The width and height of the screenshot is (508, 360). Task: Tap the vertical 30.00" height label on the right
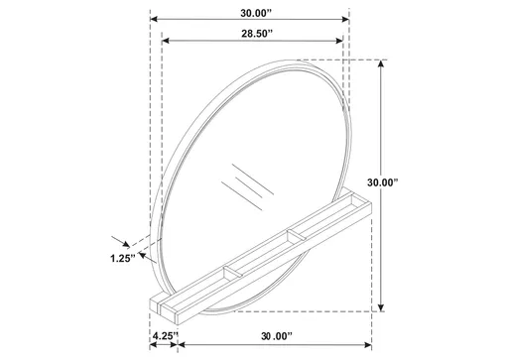[408, 183]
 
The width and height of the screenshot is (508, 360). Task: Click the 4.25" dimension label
[164, 338]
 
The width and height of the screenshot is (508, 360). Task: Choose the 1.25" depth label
[121, 260]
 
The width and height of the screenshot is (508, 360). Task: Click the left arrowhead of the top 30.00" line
[155, 18]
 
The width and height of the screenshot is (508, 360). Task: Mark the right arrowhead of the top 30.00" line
[345, 18]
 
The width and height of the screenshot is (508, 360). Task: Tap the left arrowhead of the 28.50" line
[164, 42]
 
